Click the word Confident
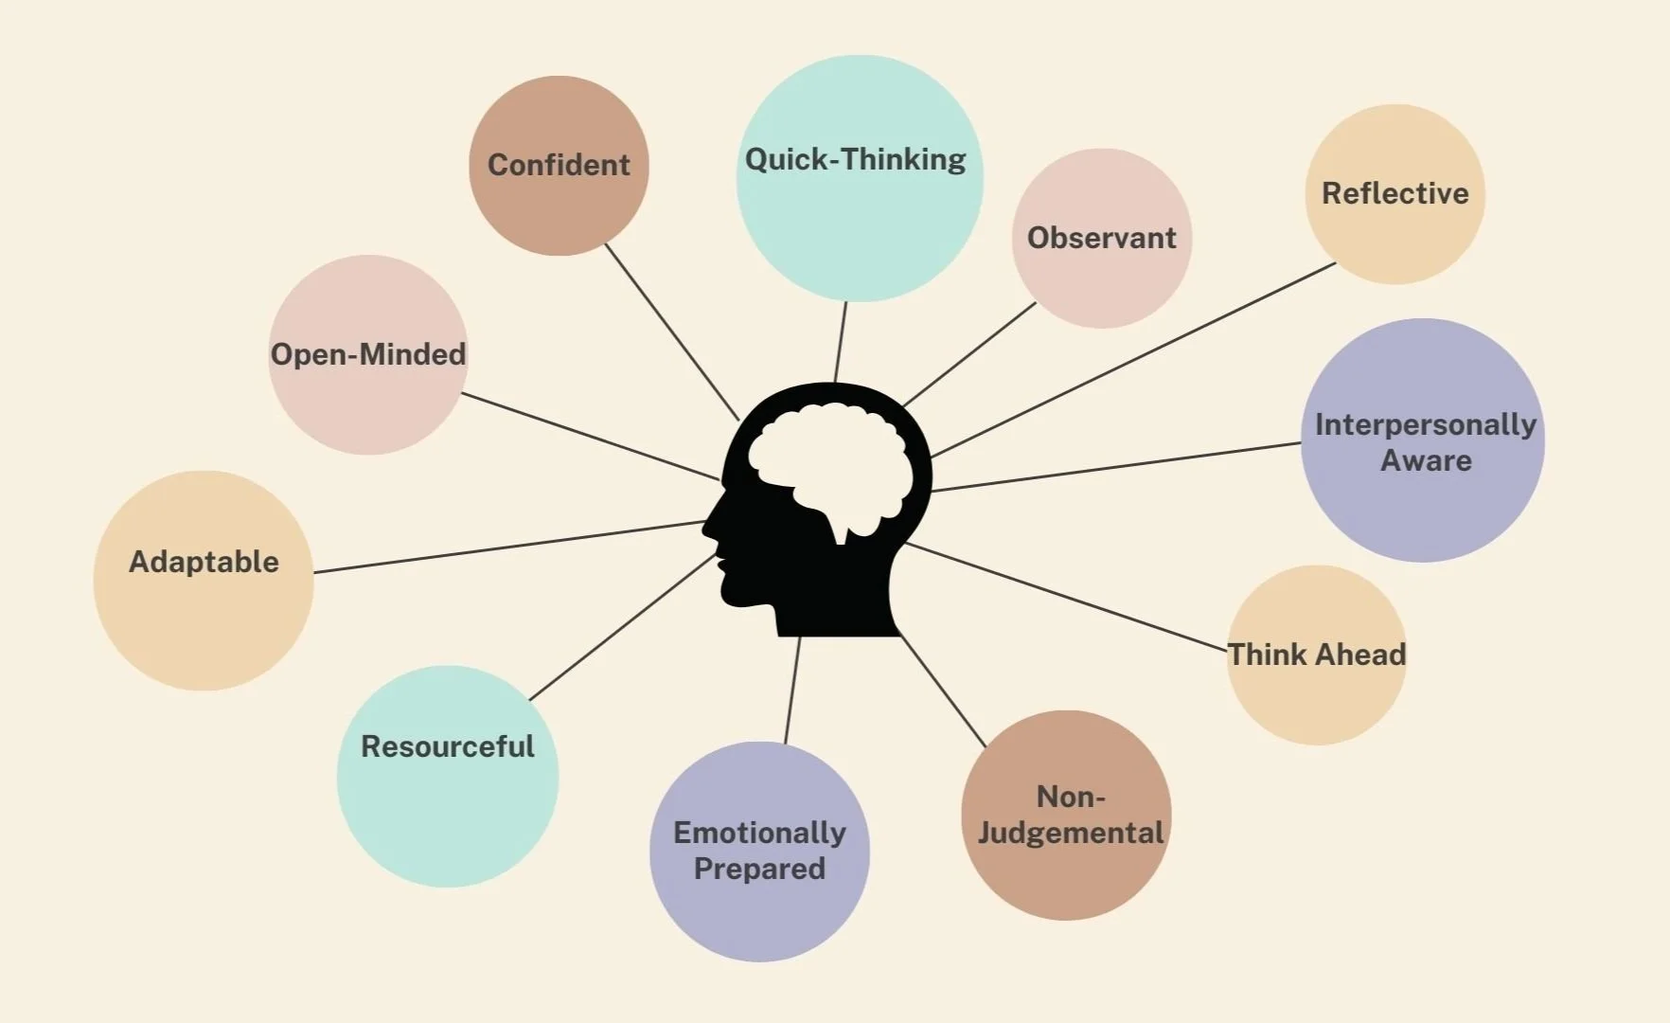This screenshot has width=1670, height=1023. point(559,165)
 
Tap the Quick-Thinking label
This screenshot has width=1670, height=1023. point(855,159)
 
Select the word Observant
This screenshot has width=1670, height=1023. point(1101,237)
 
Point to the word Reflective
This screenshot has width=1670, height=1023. point(1395,193)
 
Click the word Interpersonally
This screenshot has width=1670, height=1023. point(1425,424)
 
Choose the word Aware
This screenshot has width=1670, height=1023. point(1426,460)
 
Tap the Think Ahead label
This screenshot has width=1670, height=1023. point(1316,655)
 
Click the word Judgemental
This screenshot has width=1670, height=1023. point(1070,833)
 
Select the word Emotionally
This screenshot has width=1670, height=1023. point(759,833)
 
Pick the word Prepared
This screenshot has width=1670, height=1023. point(759,869)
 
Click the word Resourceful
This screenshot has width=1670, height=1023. point(447,746)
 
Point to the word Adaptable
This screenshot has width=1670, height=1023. point(204,562)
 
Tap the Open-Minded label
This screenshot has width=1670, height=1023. point(368,354)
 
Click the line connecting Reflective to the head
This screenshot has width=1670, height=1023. point(1136,359)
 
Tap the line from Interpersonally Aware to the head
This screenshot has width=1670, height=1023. point(1117,467)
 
